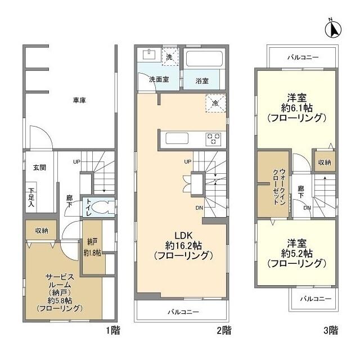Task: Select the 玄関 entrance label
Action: (x=39, y=168)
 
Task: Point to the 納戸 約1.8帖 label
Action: (x=92, y=248)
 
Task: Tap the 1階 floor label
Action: (x=112, y=330)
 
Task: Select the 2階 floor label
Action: (x=224, y=330)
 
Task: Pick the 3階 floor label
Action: (x=330, y=330)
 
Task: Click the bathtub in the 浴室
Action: (x=203, y=60)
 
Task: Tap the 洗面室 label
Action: (x=159, y=80)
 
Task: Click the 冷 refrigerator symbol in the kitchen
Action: (x=215, y=103)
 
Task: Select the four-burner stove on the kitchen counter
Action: (x=213, y=138)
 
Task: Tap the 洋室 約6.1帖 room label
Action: (x=296, y=107)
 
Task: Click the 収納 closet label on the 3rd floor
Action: (x=324, y=162)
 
